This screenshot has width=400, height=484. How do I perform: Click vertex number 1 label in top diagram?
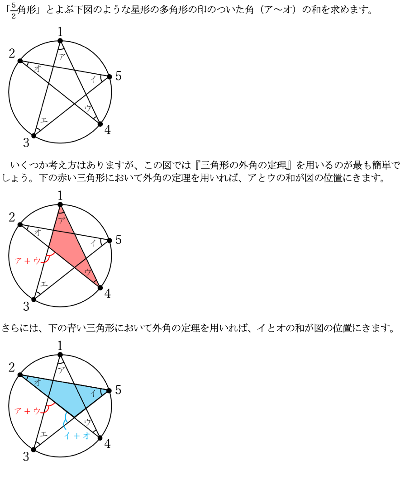click(60, 32)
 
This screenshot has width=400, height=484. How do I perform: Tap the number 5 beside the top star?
click(118, 76)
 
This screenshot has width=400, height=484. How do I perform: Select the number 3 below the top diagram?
click(26, 142)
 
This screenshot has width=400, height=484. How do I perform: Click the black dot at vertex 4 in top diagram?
click(100, 124)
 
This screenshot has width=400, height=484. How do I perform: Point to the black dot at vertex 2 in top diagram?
click(20, 61)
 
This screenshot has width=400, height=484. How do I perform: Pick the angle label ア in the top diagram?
click(62, 57)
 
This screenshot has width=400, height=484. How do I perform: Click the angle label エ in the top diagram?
click(44, 120)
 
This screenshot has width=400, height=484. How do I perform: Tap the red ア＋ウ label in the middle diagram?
click(28, 261)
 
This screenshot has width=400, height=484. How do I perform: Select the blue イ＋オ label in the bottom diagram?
click(77, 436)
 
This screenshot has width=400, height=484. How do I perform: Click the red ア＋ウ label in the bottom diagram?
click(28, 411)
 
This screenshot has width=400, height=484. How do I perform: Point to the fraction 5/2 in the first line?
click(13, 10)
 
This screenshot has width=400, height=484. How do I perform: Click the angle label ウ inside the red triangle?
click(88, 272)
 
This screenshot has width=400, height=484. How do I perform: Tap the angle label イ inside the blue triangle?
click(93, 393)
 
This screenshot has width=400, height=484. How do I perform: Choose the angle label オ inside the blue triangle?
click(38, 382)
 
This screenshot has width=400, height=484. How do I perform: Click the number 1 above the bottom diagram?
click(60, 346)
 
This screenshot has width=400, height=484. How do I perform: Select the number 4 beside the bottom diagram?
click(107, 444)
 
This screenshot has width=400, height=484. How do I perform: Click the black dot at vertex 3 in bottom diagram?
click(33, 450)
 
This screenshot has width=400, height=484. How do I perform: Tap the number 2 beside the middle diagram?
click(12, 217)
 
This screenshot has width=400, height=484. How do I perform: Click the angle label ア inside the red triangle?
click(62, 220)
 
